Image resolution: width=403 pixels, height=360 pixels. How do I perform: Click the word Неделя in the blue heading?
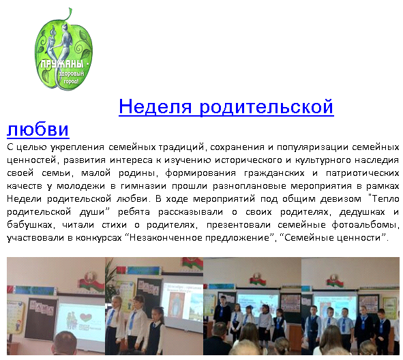point(155,106)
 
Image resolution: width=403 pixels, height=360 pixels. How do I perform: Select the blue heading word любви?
point(38,129)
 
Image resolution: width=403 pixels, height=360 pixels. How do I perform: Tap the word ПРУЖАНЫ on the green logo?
point(62,63)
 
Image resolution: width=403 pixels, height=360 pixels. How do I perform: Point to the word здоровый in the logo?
point(72,74)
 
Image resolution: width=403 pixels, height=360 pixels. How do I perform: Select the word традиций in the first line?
point(181,147)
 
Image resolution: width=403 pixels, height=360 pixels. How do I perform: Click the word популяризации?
point(312,147)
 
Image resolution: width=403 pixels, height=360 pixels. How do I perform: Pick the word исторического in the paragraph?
point(249,160)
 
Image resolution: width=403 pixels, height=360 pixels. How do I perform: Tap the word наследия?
point(377,160)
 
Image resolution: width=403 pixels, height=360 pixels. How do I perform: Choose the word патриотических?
point(362,173)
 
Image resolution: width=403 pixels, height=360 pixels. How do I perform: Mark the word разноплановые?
point(250,185)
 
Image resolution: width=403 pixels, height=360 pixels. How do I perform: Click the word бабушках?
point(31,225)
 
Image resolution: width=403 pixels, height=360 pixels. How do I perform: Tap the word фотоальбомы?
point(365,225)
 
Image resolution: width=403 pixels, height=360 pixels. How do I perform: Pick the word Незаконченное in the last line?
point(166,238)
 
